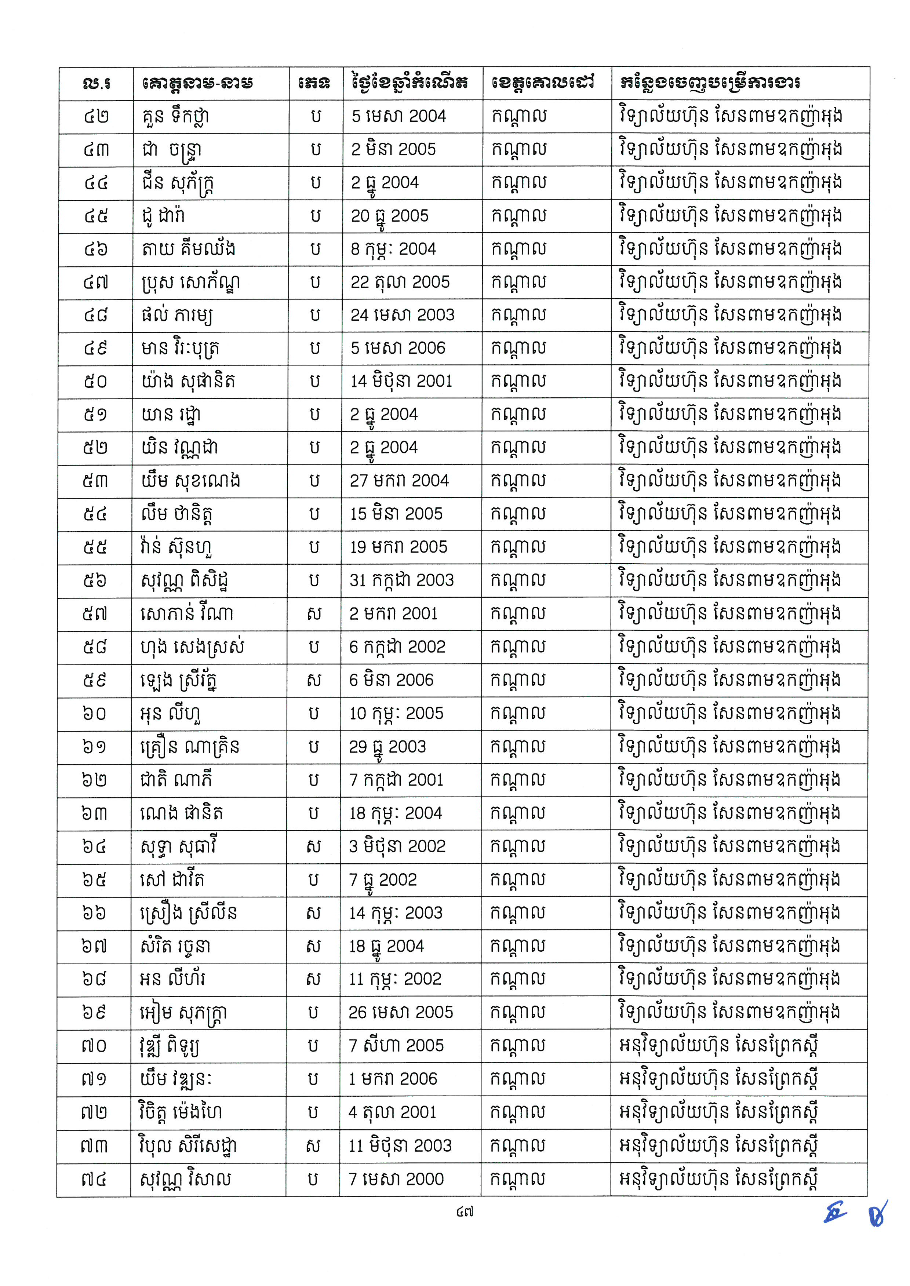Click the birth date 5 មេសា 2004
(398, 117)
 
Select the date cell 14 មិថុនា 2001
(401, 382)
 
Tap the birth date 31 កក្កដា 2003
(401, 580)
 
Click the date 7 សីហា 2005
(396, 1046)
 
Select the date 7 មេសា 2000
(396, 1180)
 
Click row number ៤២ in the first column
(96, 117)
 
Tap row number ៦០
(94, 714)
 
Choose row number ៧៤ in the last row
(93, 1180)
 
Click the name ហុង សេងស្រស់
(192, 648)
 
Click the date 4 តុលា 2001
(392, 1112)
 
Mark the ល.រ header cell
(96, 84)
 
